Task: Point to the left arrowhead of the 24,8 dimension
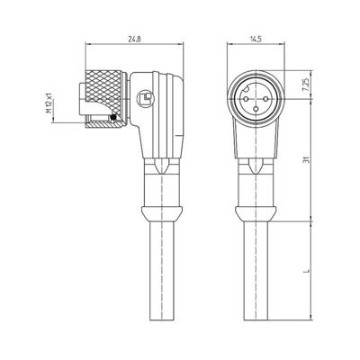click(x=94, y=47)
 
